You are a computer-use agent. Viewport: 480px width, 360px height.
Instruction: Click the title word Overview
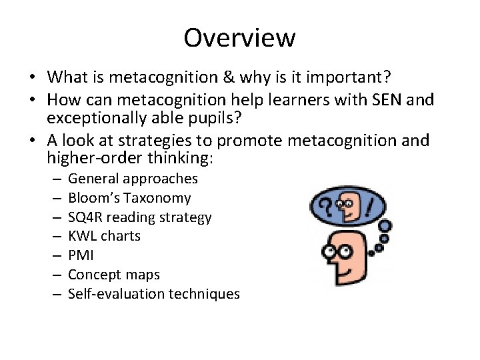pyautogui.click(x=239, y=37)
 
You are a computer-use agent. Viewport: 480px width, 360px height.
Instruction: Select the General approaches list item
pyautogui.click(x=133, y=179)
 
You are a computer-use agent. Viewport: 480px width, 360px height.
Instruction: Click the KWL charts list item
pyautogui.click(x=104, y=236)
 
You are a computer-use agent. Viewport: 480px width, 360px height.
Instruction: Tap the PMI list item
pyautogui.click(x=81, y=255)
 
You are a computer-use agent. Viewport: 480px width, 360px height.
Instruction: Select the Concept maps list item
pyautogui.click(x=113, y=274)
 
